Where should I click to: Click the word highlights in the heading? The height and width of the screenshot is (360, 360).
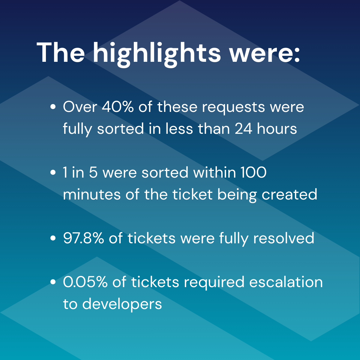pyautogui.click(x=157, y=54)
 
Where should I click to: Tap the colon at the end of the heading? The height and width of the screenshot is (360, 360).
pyautogui.click(x=296, y=55)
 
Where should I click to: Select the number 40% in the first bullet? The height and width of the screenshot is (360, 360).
pyautogui.click(x=118, y=107)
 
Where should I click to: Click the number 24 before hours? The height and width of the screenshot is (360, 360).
pyautogui.click(x=243, y=129)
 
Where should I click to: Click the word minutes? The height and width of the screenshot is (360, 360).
pyautogui.click(x=92, y=194)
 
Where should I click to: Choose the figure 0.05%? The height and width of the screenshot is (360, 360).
pyautogui.click(x=85, y=282)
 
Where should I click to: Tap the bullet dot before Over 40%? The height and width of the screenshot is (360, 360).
pyautogui.click(x=53, y=107)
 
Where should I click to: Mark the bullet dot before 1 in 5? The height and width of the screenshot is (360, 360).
pyautogui.click(x=53, y=172)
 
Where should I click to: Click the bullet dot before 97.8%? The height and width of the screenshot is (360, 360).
pyautogui.click(x=53, y=238)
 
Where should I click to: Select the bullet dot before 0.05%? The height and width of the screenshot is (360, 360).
pyautogui.click(x=53, y=282)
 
